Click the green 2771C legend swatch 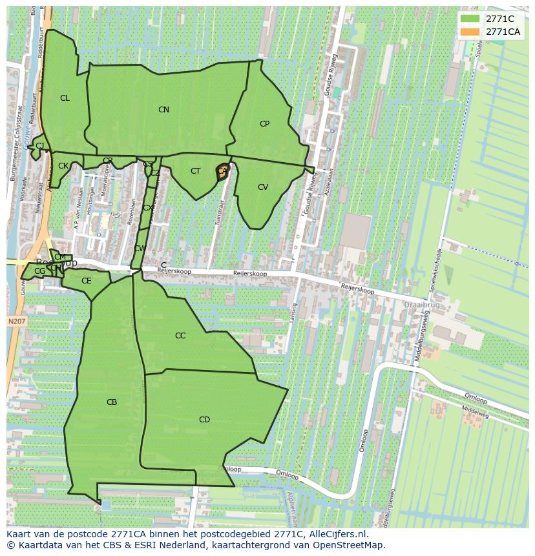[470, 19]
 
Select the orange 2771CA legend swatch [470, 32]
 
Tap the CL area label [65, 98]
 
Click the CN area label [163, 110]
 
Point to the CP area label [264, 124]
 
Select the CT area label [195, 171]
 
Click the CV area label [262, 187]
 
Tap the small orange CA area [223, 172]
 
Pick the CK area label [63, 166]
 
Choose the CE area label [86, 281]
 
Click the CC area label [180, 336]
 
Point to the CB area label [112, 402]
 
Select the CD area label [204, 420]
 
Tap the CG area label [40, 271]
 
